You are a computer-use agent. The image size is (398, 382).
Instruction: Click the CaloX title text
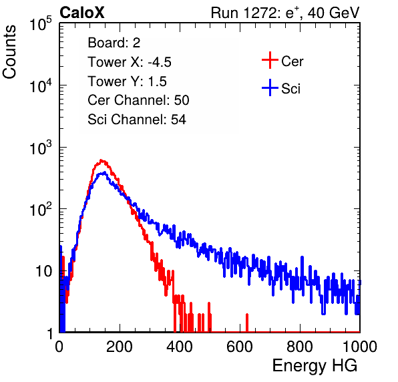pyautogui.click(x=82, y=13)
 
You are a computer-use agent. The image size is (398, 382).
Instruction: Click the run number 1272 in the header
pyautogui.click(x=259, y=13)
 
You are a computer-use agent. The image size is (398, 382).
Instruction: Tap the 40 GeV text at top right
pyautogui.click(x=333, y=13)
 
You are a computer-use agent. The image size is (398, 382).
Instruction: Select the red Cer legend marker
pyautogui.click(x=270, y=60)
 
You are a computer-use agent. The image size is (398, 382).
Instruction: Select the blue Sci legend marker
pyautogui.click(x=270, y=88)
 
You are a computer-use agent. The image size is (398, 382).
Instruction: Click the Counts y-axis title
pyautogui.click(x=9, y=52)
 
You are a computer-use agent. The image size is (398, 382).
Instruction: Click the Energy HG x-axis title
pyautogui.click(x=315, y=366)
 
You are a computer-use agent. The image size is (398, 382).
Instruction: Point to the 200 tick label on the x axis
pyautogui.click(x=120, y=347)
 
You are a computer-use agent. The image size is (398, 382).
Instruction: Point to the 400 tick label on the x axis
pyautogui.click(x=180, y=347)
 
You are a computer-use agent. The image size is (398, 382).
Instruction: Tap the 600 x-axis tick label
pyautogui.click(x=240, y=347)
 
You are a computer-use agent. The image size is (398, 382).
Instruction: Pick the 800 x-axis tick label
pyautogui.click(x=300, y=347)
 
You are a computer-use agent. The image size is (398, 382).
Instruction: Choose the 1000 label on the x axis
pyautogui.click(x=360, y=347)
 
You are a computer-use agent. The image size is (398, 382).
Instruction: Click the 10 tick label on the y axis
pyautogui.click(x=43, y=272)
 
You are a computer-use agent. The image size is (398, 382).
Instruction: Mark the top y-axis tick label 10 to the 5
pyautogui.click(x=41, y=23)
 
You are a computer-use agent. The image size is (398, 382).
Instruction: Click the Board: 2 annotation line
pyautogui.click(x=114, y=43)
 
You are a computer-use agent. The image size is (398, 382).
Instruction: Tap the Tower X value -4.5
pyautogui.click(x=160, y=62)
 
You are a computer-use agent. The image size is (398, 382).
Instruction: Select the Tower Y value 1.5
pyautogui.click(x=158, y=81)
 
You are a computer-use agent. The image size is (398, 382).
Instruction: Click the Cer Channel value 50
pyautogui.click(x=182, y=100)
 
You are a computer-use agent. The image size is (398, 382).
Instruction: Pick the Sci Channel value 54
pyautogui.click(x=178, y=120)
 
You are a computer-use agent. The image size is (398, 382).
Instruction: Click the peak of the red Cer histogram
pyautogui.click(x=102, y=160)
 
